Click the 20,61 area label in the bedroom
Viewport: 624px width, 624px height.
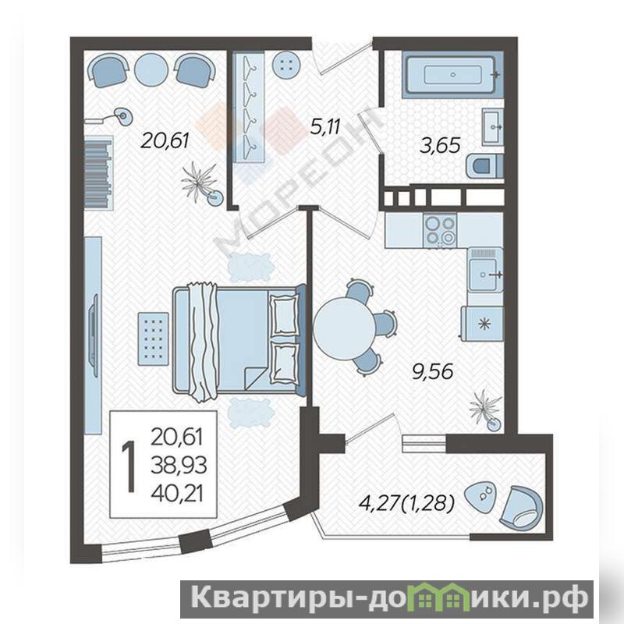pos(165,141)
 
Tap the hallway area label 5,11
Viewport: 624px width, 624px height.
pos(325,126)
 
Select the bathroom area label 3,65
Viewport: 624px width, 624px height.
pos(441,145)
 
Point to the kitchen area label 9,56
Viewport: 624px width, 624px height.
pos(433,372)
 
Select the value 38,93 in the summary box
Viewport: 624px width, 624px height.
pos(179,465)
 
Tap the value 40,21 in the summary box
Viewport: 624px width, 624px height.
pos(178,494)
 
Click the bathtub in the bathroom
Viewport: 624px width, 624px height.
pos(453,74)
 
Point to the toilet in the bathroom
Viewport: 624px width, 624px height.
pos(484,166)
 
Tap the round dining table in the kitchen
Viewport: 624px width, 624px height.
pos(344,328)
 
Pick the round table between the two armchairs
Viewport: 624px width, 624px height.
pos(151,69)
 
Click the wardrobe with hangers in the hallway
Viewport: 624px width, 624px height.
pos(249,108)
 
